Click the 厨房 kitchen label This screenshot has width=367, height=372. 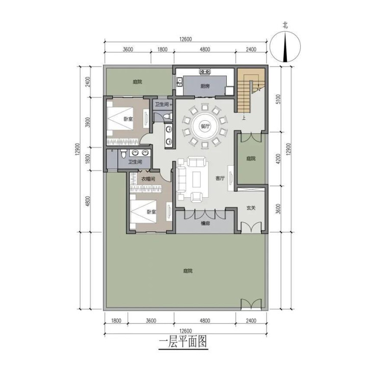coord(205,86)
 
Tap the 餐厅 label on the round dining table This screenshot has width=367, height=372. coord(205,126)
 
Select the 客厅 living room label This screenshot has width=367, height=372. coord(220,178)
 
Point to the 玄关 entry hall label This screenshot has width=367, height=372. coord(251,208)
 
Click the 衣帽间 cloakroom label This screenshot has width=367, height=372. coord(148,179)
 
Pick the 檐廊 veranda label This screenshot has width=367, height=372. coord(205,223)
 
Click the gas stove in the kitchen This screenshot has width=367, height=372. coord(205,71)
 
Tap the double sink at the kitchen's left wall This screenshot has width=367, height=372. coord(179,82)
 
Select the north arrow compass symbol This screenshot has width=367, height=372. coord(285,47)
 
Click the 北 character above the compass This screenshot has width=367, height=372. coord(285,25)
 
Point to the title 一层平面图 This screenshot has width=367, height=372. coord(183,342)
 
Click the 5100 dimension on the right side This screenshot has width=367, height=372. coord(278,99)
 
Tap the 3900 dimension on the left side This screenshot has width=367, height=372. coord(88,122)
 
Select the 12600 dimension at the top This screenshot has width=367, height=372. coord(186,39)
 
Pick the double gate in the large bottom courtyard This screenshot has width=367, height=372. coord(251,304)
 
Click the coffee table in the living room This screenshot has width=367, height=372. coord(197,179)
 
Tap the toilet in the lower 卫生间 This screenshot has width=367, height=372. coord(123,154)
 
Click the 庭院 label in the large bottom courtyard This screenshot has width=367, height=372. coord(188,271)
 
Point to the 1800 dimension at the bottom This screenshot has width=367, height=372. coord(116,321)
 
